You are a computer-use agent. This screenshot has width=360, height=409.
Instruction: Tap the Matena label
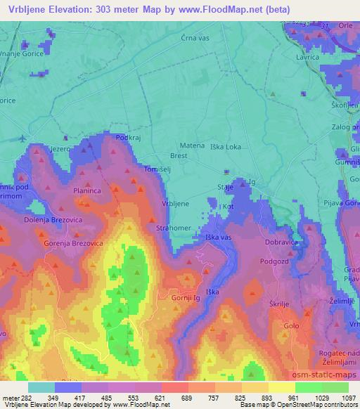point(193,145)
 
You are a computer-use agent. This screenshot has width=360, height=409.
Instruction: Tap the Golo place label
point(290,326)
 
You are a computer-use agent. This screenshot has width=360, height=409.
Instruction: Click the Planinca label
point(89,190)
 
